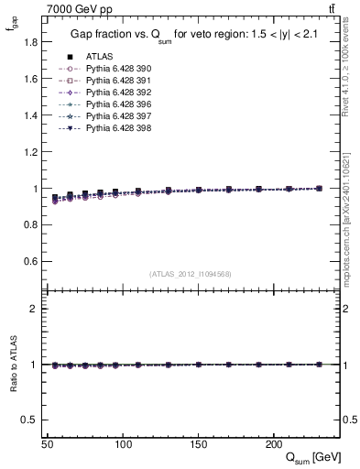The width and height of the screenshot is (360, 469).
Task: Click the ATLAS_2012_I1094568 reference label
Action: pyautogui.click(x=191, y=274)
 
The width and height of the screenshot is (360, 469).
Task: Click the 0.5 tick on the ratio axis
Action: pyautogui.click(x=31, y=420)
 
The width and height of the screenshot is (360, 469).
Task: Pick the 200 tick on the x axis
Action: pyautogui.click(x=273, y=444)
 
